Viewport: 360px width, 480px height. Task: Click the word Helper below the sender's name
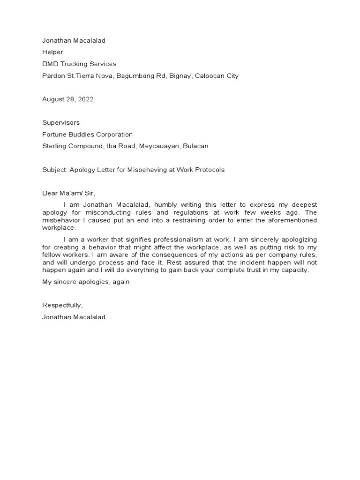[x=52, y=52]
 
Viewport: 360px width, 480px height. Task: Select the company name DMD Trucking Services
[x=79, y=64]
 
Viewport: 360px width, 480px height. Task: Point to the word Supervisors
[x=61, y=122]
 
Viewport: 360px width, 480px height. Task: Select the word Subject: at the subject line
[x=55, y=169]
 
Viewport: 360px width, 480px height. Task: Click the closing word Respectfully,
[x=62, y=305]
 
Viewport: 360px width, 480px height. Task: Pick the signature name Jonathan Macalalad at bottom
[x=74, y=317]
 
